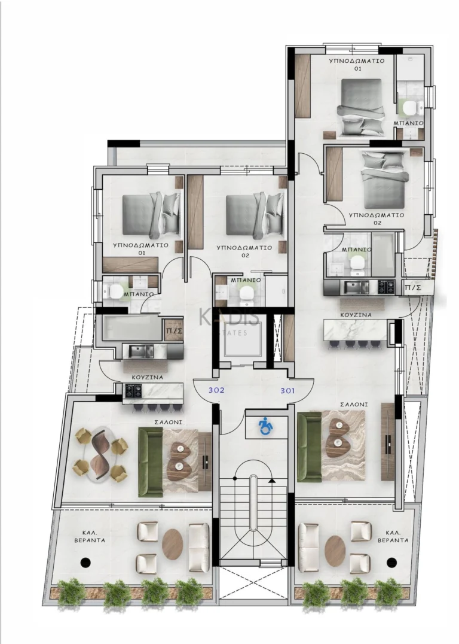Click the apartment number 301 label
tap(288, 391)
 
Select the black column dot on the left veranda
tap(85, 562)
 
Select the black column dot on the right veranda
tap(391, 562)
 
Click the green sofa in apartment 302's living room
tap(150, 462)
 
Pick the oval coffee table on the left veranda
tap(173, 544)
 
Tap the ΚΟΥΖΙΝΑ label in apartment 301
tap(356, 315)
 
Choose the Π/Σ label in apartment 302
tap(173, 331)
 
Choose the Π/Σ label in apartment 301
tap(412, 288)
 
